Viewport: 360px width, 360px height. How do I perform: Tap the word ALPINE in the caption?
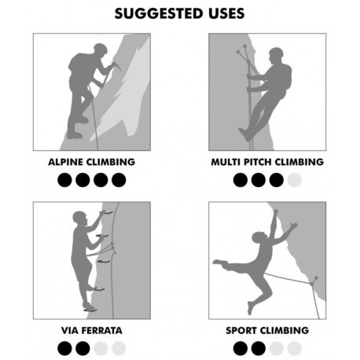(x=65, y=162)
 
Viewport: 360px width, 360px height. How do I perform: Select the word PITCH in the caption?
(x=258, y=162)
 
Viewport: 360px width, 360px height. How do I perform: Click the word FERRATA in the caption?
(x=101, y=330)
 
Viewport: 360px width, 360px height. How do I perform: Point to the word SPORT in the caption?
(x=241, y=330)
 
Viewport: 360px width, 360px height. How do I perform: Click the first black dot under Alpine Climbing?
(x=64, y=180)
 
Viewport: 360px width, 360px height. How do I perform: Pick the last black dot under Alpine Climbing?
(x=119, y=180)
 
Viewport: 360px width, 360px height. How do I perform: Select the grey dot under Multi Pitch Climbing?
(x=294, y=180)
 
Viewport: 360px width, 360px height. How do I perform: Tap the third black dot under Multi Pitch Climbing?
(x=277, y=180)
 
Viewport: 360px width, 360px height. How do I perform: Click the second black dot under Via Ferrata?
(x=83, y=348)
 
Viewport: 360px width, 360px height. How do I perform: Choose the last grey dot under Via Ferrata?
(x=119, y=348)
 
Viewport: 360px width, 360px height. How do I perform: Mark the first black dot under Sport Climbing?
(x=241, y=348)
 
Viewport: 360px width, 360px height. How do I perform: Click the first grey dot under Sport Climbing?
(x=277, y=348)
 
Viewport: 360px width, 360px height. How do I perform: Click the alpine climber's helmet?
(x=101, y=48)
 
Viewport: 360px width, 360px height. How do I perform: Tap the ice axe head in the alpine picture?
(x=116, y=64)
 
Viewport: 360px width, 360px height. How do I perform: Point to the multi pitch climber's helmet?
(x=276, y=52)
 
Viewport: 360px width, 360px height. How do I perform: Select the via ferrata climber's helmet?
(x=79, y=216)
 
